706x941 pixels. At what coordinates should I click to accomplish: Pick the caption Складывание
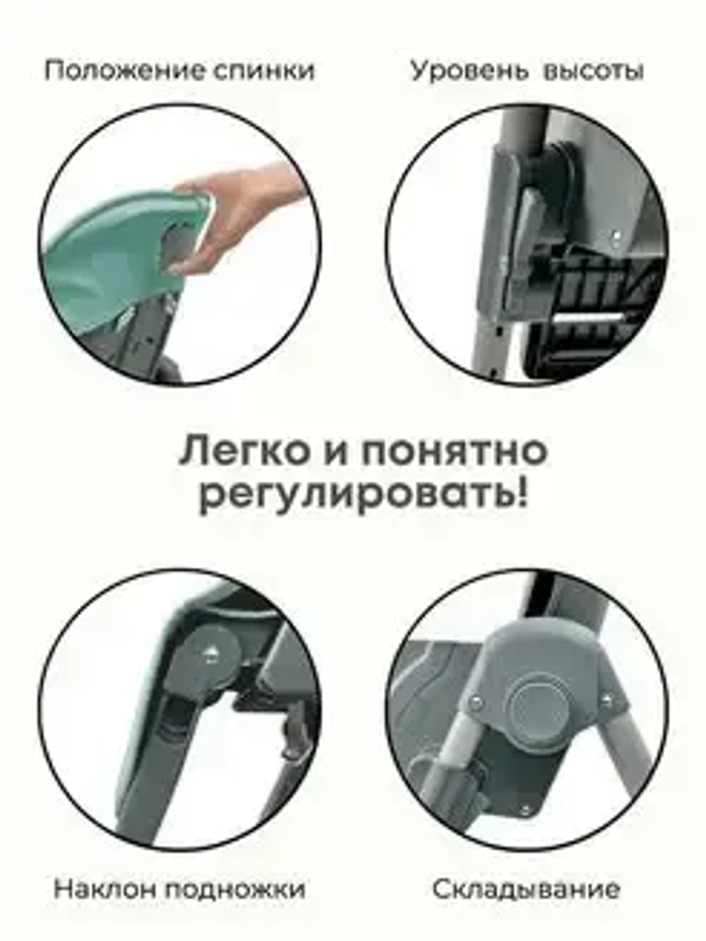pos(526,889)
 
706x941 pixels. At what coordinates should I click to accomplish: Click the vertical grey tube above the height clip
pos(522,134)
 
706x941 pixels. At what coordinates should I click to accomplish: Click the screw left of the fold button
pos(475,701)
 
